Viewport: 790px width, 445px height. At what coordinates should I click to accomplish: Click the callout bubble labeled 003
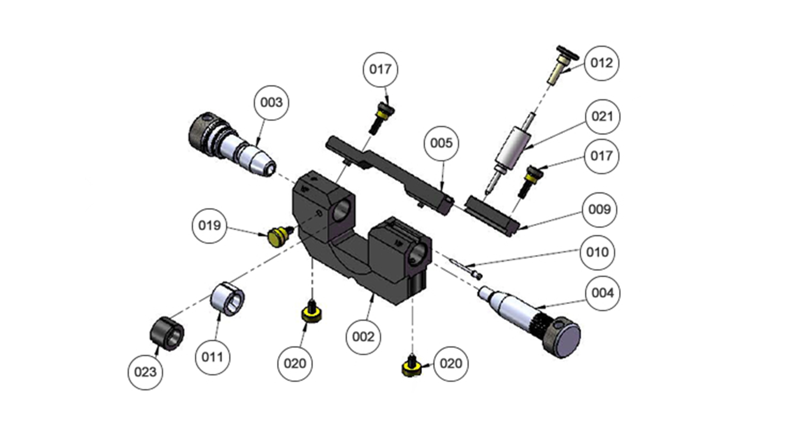pos(271,103)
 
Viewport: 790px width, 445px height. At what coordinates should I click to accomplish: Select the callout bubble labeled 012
pos(601,63)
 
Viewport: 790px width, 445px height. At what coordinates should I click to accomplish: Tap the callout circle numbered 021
pos(602,117)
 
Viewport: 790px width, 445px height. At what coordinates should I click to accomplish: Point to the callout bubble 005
pos(441,143)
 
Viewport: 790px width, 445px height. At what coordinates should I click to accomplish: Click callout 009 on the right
pos(599,210)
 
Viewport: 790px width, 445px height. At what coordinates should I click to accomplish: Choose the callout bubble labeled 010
pos(597,252)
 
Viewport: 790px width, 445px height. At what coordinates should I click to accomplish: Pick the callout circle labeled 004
pos(602,293)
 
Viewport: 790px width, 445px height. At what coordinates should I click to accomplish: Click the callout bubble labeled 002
pos(363,337)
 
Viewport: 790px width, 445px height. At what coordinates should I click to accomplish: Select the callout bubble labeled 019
pos(209,226)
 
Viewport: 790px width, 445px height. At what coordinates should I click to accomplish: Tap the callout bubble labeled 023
pos(145,372)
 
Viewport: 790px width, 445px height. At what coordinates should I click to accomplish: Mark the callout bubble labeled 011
pos(212,357)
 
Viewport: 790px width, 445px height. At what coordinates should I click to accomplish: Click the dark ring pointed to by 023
pos(167,334)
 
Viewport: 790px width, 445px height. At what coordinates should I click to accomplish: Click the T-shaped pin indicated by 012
pos(562,66)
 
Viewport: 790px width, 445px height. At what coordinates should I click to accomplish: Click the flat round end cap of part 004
pos(567,340)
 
